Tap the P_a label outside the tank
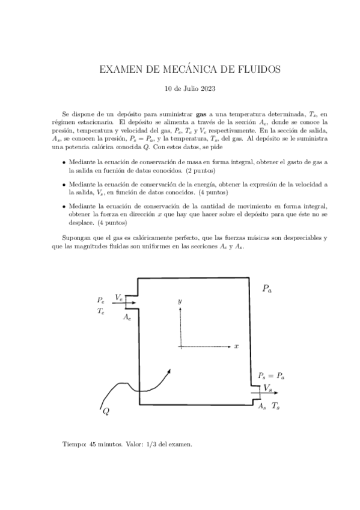(267, 289)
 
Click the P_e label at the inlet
(101, 300)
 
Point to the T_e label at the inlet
(101, 311)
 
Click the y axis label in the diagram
(179, 299)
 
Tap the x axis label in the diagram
(237, 346)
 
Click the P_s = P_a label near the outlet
(272, 376)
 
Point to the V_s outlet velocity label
(267, 388)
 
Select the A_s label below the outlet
(261, 407)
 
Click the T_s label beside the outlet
(276, 407)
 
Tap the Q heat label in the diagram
(106, 411)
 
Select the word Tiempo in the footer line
(74, 444)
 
